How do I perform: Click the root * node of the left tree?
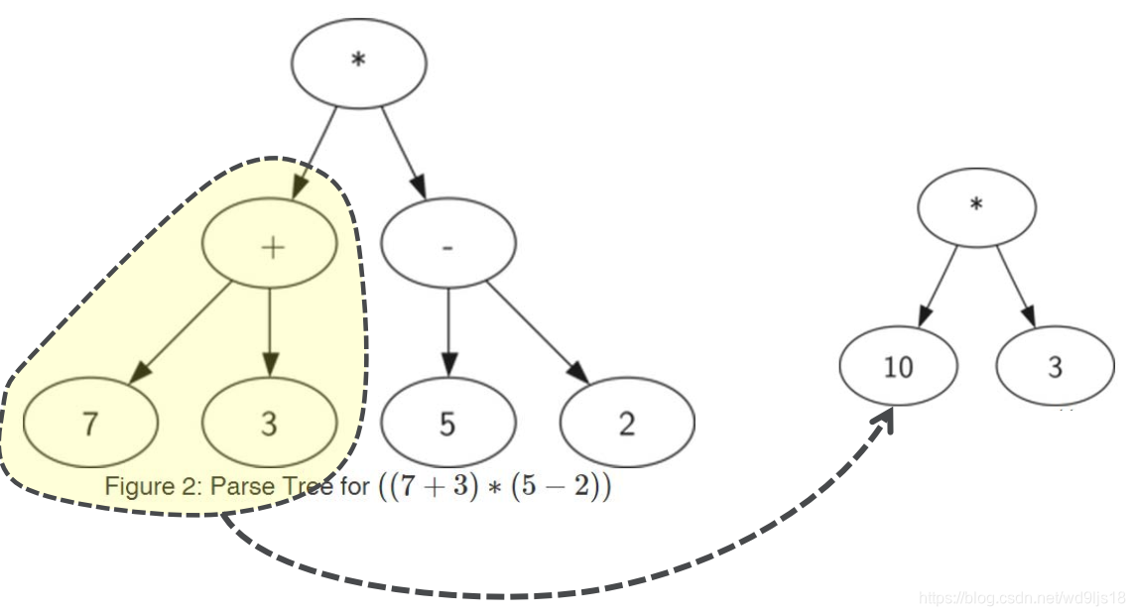tap(358, 62)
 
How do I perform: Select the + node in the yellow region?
tap(270, 246)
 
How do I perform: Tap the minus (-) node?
tap(447, 246)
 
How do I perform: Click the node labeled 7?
tap(90, 425)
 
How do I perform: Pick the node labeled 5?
tap(447, 425)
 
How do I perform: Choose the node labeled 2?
tap(626, 425)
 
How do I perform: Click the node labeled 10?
tap(898, 367)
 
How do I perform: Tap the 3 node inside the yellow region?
tap(269, 425)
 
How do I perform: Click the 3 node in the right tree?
tap(1055, 367)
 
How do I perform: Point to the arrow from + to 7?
tap(183, 330)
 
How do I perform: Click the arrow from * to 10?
tap(938, 287)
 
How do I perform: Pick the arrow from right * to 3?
tap(1017, 287)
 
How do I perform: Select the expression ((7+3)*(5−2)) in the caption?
tap(493, 488)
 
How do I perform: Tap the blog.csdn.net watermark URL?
tap(1022, 598)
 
